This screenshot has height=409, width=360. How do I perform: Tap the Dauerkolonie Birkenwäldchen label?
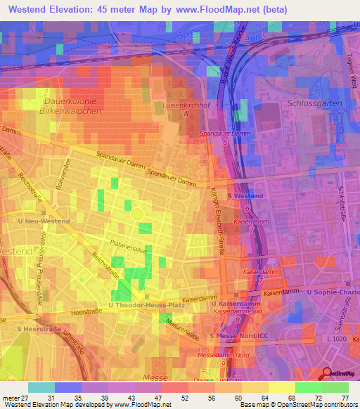coord(68,107)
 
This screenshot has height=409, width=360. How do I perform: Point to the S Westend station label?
coord(245,195)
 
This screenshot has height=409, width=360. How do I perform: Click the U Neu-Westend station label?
coord(44,221)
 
